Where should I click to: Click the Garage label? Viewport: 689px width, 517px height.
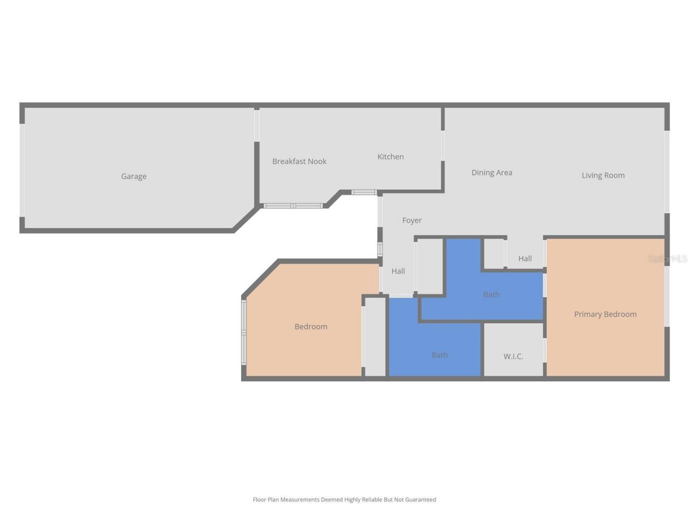(x=133, y=176)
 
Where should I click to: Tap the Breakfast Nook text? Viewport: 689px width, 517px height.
(x=299, y=161)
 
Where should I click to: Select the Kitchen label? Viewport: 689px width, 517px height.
(x=390, y=157)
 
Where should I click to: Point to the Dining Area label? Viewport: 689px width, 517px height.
(x=491, y=172)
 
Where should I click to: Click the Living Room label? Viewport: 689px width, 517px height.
(x=603, y=175)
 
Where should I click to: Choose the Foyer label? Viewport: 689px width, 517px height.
(x=412, y=220)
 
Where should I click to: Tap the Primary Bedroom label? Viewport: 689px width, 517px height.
(x=605, y=314)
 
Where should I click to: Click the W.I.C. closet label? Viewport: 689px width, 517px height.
(x=513, y=356)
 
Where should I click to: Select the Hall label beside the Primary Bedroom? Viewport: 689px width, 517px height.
(x=525, y=258)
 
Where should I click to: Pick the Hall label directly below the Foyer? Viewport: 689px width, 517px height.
(x=398, y=271)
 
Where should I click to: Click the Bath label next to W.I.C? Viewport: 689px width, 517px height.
(x=439, y=355)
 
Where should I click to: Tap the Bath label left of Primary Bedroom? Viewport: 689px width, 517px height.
(x=491, y=294)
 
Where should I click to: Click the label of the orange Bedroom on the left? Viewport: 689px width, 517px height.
(x=311, y=326)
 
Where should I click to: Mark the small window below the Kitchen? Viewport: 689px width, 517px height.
(x=364, y=192)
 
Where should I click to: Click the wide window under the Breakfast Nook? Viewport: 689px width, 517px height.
(x=293, y=206)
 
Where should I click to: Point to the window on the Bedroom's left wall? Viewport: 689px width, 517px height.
(x=244, y=332)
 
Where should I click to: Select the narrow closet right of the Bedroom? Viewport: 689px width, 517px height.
(x=375, y=336)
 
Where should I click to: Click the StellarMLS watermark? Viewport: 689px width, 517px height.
(x=667, y=258)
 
